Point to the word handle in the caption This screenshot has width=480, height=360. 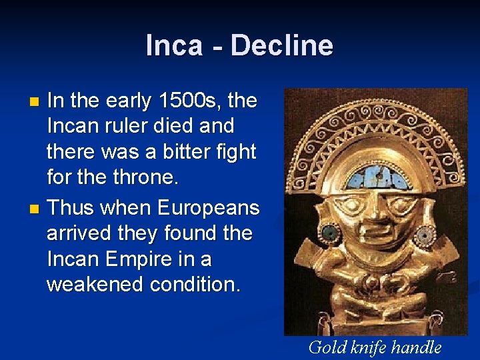click(x=417, y=347)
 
